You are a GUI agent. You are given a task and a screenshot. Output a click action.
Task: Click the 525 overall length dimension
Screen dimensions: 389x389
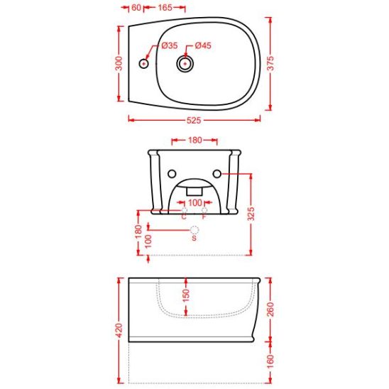pyautogui.click(x=194, y=121)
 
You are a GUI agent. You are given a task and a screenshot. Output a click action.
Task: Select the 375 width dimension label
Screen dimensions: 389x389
pyautogui.click(x=270, y=63)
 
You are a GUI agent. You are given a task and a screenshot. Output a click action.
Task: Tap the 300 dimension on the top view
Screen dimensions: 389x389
pyautogui.click(x=119, y=63)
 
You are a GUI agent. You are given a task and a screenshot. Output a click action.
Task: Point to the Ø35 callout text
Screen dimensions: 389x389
pyautogui.click(x=170, y=45)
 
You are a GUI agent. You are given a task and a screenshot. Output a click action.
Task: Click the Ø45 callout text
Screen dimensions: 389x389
pyautogui.click(x=203, y=45)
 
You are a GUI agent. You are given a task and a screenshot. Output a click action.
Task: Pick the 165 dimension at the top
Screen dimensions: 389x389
pyautogui.click(x=165, y=7)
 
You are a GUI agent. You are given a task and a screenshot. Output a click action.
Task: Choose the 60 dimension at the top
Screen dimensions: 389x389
pyautogui.click(x=136, y=7)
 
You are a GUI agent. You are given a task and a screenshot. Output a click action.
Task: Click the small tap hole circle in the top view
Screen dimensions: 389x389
pyautogui.click(x=143, y=64)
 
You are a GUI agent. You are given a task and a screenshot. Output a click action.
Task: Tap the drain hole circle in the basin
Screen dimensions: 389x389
pyautogui.click(x=185, y=64)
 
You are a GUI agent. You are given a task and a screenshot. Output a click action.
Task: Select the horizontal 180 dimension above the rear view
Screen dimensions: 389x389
pyautogui.click(x=195, y=140)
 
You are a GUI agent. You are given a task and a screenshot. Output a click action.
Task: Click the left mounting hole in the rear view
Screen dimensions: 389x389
pyautogui.click(x=172, y=174)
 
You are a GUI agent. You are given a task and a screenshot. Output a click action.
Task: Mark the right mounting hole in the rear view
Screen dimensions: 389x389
pyautogui.click(x=217, y=174)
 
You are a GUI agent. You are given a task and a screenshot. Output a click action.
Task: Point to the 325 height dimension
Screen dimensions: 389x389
pyautogui.click(x=251, y=214)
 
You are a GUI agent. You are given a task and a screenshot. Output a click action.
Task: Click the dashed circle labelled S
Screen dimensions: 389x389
pyautogui.click(x=194, y=230)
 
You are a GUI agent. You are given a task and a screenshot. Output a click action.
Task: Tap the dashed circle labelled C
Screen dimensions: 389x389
pyautogui.click(x=185, y=210)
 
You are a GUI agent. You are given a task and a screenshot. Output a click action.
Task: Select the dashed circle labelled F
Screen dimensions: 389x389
pyautogui.click(x=204, y=210)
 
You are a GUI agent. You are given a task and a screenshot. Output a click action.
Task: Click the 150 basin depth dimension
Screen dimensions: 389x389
pyautogui.click(x=186, y=295)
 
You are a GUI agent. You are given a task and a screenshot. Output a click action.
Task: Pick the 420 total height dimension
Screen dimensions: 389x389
pyautogui.click(x=119, y=330)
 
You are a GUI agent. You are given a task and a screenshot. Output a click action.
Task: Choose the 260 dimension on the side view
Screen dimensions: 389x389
pyautogui.click(x=270, y=309)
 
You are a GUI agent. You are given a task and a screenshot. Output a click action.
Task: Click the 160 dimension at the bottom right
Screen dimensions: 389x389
pyautogui.click(x=270, y=361)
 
